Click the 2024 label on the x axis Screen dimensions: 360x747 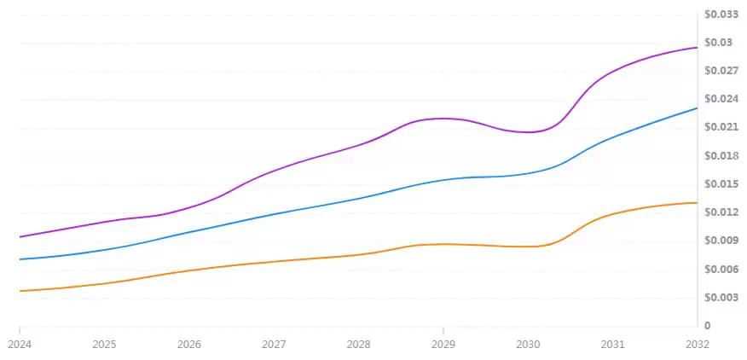click(x=20, y=345)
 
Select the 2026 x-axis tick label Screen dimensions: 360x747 click(x=189, y=345)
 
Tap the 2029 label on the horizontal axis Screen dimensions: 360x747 click(x=443, y=345)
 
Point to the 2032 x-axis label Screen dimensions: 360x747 click(x=697, y=345)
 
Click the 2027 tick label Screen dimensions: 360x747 click(x=274, y=345)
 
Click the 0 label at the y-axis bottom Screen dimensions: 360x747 click(x=707, y=326)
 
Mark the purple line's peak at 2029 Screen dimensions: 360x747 click(x=443, y=118)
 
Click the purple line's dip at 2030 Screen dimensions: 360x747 click(x=529, y=132)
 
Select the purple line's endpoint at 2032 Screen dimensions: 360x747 click(x=697, y=47)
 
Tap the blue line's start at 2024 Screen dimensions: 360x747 click(x=20, y=258)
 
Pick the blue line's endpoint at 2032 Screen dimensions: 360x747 click(x=697, y=107)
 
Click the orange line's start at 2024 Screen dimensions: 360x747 click(x=20, y=291)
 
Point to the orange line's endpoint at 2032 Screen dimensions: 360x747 click(x=697, y=202)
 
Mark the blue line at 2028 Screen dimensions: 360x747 click(x=358, y=197)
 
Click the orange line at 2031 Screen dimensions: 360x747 click(x=612, y=213)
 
